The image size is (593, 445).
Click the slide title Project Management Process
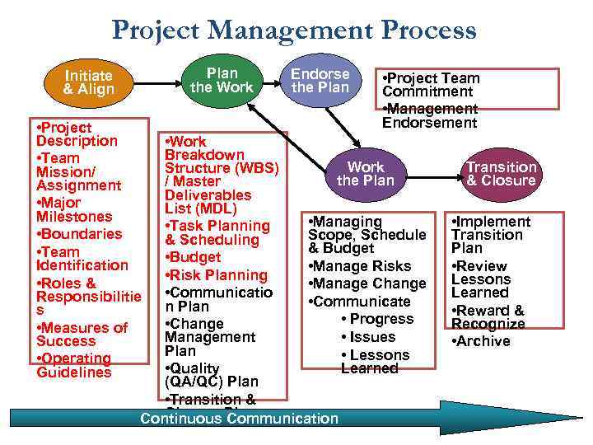point(294,30)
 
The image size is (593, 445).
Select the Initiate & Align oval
point(88,82)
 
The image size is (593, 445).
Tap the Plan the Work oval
point(222,80)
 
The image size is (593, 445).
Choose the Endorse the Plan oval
point(320,80)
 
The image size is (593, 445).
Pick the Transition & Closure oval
point(501,174)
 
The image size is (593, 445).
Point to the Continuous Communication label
point(239,419)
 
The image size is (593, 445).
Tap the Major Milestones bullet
point(74,209)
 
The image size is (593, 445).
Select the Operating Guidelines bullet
point(74,365)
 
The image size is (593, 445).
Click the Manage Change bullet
point(367,283)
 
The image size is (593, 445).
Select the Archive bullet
point(481,341)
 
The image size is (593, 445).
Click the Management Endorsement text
point(430,115)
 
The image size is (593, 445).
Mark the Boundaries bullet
point(79,234)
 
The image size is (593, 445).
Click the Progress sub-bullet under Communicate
point(376,319)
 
